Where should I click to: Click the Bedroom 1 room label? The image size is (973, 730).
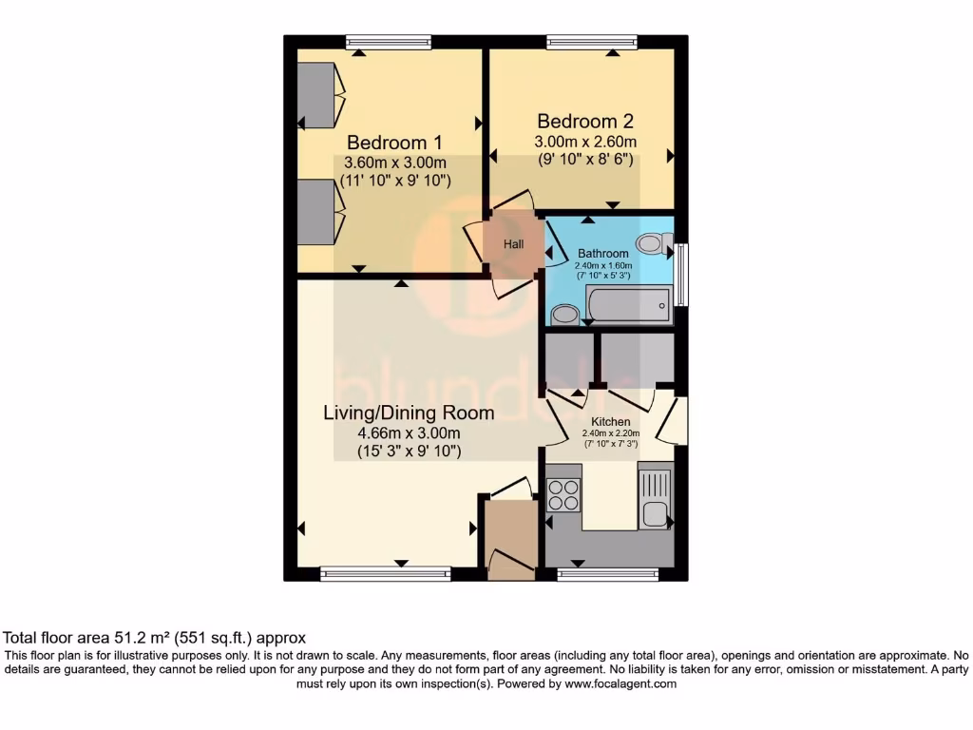tap(387, 143)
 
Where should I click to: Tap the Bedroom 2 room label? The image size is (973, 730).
tap(585, 122)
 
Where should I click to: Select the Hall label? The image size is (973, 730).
tap(514, 244)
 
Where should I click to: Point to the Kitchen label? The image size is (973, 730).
tap(611, 421)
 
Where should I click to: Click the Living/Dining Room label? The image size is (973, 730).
tap(409, 413)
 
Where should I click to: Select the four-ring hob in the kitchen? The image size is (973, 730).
tap(563, 496)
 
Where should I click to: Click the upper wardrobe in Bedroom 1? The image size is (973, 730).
tap(316, 95)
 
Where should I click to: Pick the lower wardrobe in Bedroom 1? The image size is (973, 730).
tap(316, 212)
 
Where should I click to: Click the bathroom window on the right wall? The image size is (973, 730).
tap(681, 276)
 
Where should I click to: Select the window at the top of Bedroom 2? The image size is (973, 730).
tap(592, 41)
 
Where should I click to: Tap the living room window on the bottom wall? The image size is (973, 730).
tap(385, 573)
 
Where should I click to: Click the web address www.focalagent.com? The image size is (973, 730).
tap(620, 683)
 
